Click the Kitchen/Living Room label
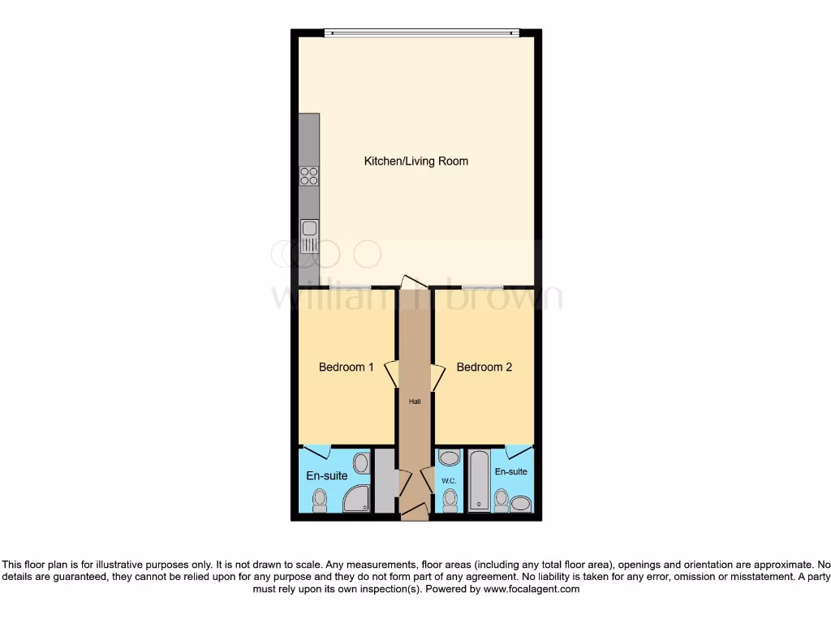(415, 161)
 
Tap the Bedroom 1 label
(346, 367)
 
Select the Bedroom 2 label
(484, 367)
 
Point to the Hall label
(415, 401)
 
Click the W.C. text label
(450, 481)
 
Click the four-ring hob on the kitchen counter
(309, 175)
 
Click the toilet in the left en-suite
(320, 500)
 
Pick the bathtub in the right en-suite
(480, 482)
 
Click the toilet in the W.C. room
(450, 500)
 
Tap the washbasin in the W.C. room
(449, 458)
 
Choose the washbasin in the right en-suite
(519, 505)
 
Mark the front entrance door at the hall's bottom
(415, 511)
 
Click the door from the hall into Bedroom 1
(391, 374)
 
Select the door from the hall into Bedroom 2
(438, 376)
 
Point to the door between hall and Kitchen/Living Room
(413, 281)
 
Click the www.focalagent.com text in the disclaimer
(532, 590)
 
